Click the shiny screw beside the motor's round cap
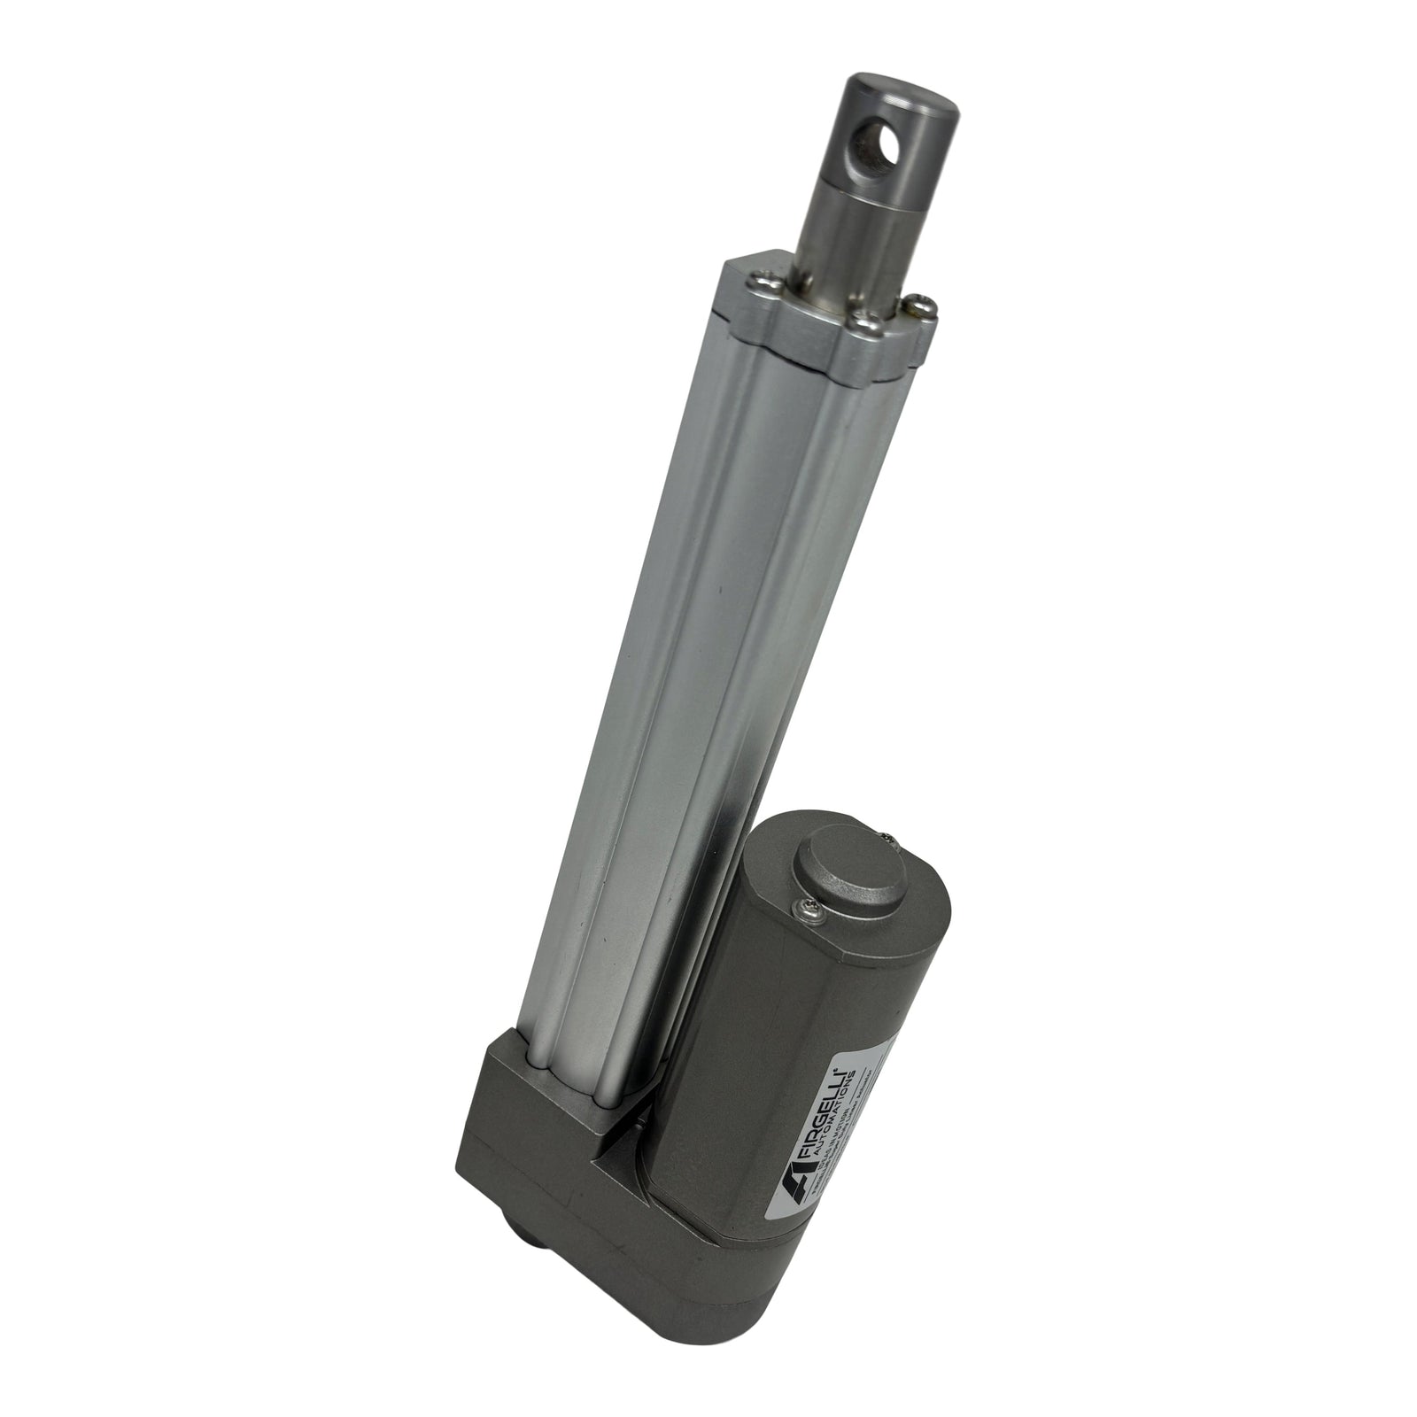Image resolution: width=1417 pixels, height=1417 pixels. (807, 904)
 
